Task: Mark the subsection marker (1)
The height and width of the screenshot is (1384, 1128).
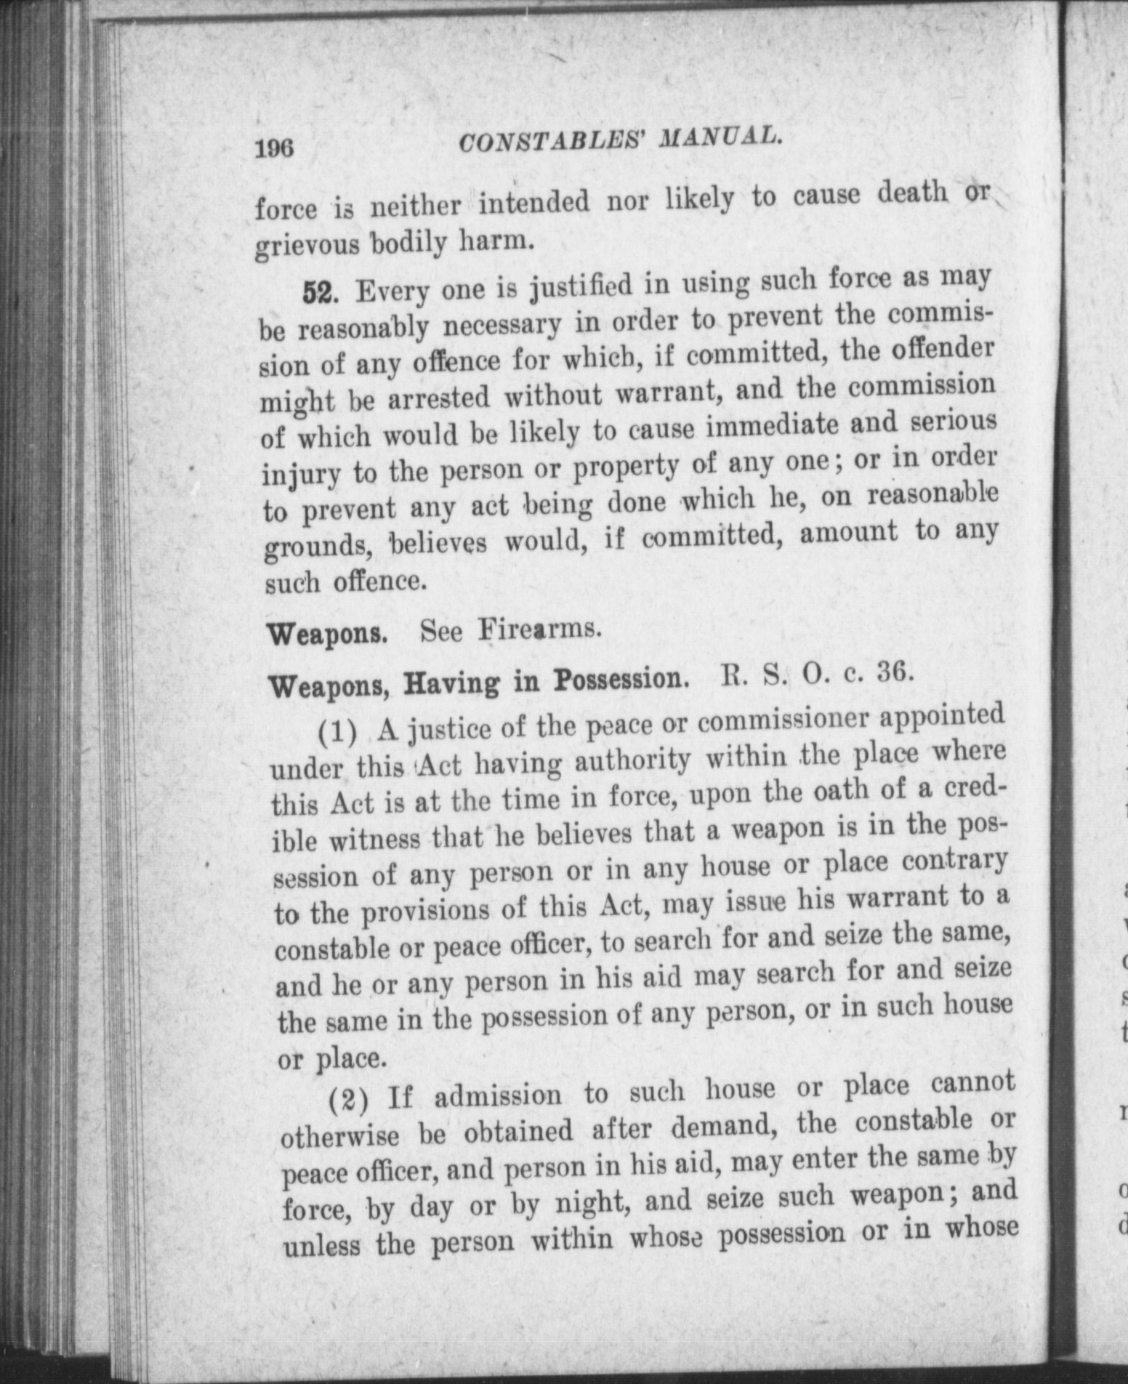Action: (338, 733)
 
